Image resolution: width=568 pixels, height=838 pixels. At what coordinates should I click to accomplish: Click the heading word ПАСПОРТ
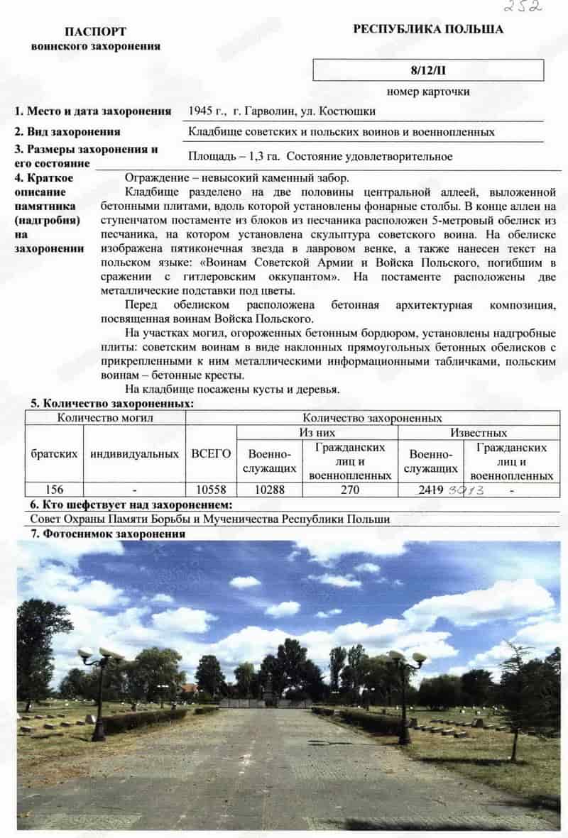tap(95, 32)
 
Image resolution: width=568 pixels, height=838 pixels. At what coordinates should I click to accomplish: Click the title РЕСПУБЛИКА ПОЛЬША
tap(428, 29)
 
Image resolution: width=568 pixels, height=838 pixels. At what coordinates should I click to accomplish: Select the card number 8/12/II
tap(428, 70)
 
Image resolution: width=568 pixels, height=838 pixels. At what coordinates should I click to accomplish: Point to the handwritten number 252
tap(523, 6)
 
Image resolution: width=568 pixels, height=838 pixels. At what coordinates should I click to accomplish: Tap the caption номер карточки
tap(428, 92)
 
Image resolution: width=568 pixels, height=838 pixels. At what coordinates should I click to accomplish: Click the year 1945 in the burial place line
tap(202, 111)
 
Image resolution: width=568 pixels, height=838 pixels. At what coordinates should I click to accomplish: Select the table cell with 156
tap(54, 490)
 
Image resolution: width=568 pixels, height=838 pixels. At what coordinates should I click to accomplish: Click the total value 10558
tap(211, 490)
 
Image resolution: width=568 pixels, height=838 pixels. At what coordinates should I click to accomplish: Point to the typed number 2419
tap(432, 490)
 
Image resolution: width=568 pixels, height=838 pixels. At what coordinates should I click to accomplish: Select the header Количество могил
tap(105, 418)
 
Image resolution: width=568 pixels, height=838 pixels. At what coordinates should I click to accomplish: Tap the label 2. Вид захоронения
tap(68, 132)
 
